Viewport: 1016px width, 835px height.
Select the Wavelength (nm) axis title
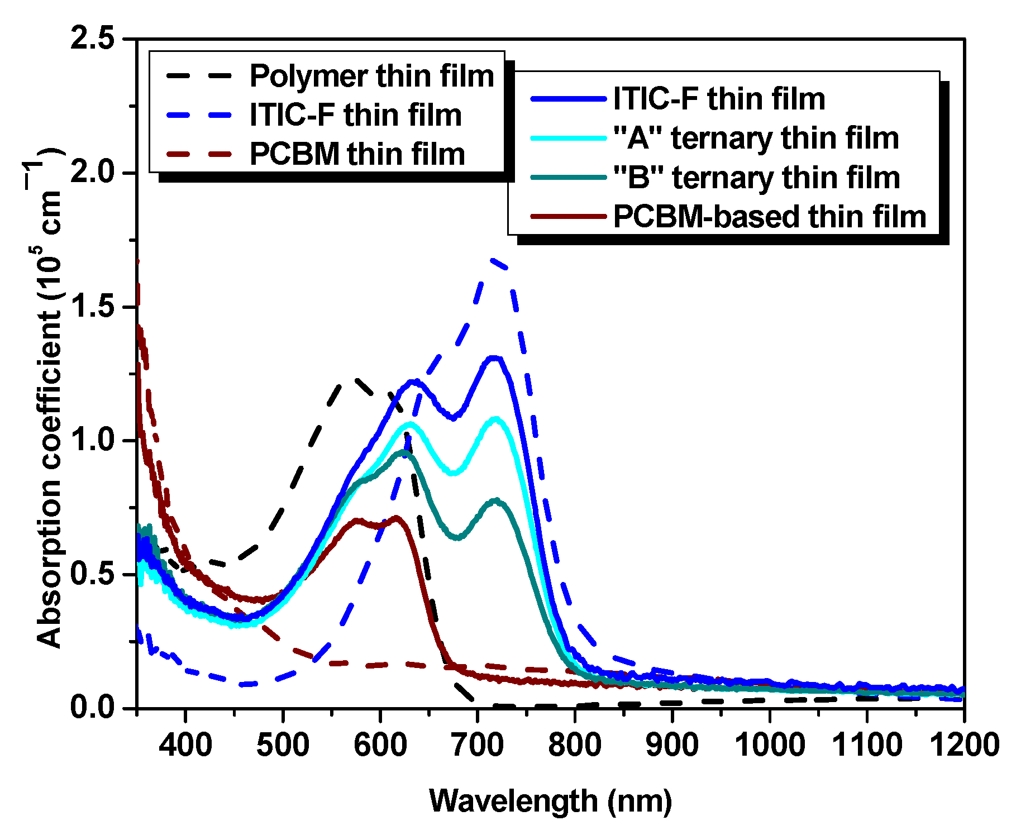coord(550,801)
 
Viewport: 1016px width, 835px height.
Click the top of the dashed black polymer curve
coord(352,379)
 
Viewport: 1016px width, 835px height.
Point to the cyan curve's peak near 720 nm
coord(495,418)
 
